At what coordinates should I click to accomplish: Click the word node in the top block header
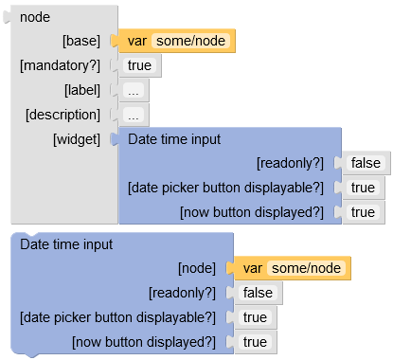pyautogui.click(x=35, y=16)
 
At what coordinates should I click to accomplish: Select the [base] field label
pyautogui.click(x=80, y=41)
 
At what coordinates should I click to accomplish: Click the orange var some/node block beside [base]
pyautogui.click(x=176, y=41)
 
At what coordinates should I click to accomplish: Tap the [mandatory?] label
pyautogui.click(x=60, y=65)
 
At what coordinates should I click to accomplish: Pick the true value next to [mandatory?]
pyautogui.click(x=140, y=65)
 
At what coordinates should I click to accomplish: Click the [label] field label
pyautogui.click(x=82, y=90)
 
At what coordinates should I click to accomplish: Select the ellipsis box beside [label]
pyautogui.click(x=134, y=91)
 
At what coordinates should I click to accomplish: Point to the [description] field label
pyautogui.click(x=63, y=115)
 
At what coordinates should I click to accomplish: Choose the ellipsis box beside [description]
pyautogui.click(x=134, y=116)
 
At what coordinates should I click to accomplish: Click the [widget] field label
pyautogui.click(x=77, y=139)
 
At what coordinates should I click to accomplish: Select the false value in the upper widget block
pyautogui.click(x=366, y=163)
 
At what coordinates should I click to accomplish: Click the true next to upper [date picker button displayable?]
pyautogui.click(x=363, y=188)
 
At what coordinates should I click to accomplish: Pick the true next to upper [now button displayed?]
pyautogui.click(x=363, y=212)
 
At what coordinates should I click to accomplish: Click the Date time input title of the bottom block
pyautogui.click(x=66, y=244)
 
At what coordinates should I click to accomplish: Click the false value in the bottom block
pyautogui.click(x=258, y=293)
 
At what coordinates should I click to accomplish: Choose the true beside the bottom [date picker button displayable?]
pyautogui.click(x=255, y=317)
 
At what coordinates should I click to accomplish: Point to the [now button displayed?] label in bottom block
pyautogui.click(x=143, y=342)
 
